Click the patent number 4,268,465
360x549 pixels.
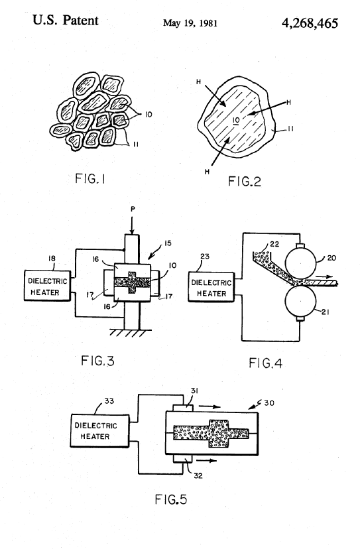[310, 23]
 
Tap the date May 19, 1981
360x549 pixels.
[190, 23]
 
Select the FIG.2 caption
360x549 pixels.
[245, 181]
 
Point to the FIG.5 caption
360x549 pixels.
[171, 499]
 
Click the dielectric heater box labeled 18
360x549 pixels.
[47, 286]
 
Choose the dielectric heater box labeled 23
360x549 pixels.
[211, 286]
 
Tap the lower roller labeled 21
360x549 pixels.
[300, 302]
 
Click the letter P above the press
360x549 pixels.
[133, 209]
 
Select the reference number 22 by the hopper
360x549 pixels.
[274, 244]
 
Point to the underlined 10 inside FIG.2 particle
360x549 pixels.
[236, 121]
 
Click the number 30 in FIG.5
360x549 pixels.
[269, 403]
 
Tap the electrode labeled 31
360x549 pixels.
[183, 408]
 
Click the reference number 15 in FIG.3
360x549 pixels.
[168, 243]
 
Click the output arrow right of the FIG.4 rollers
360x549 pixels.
[324, 276]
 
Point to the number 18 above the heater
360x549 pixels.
[52, 259]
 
